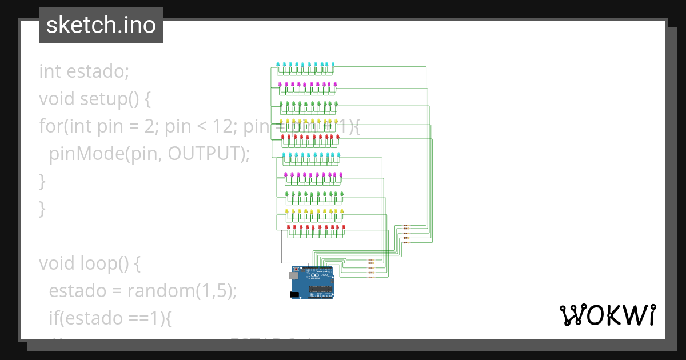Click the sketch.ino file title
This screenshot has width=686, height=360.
point(101,25)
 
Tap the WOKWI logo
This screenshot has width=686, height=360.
point(607,315)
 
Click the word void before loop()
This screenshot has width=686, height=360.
point(57,263)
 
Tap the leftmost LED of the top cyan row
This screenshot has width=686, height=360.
point(278,64)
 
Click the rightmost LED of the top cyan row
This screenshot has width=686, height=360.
point(333,64)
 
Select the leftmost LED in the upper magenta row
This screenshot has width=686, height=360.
point(280,83)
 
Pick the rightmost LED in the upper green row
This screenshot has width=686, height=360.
point(336,103)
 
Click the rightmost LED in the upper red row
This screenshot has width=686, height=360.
point(338,137)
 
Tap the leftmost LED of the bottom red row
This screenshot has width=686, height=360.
point(289,227)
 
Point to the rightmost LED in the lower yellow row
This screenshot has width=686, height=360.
point(342,211)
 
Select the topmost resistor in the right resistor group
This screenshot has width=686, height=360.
point(406,226)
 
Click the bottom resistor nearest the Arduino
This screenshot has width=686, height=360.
point(370,277)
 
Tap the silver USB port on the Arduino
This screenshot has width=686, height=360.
point(293,275)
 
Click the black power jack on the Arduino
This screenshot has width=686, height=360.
point(294,295)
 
